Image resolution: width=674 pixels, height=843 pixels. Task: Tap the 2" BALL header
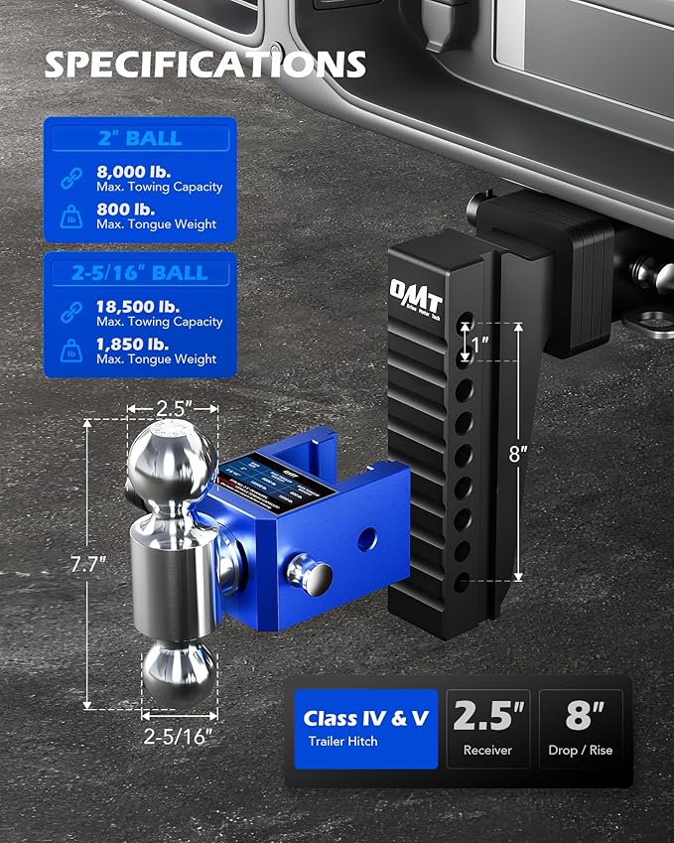(139, 138)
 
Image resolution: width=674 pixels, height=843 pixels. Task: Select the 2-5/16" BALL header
(139, 273)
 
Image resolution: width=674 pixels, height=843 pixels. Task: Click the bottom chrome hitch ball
(178, 673)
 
